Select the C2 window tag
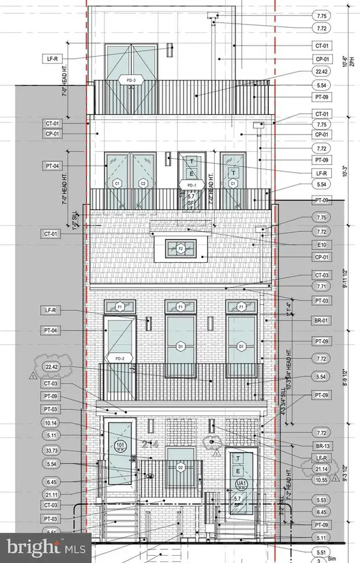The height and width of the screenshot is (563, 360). [143, 183]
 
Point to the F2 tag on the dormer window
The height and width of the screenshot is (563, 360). [180, 247]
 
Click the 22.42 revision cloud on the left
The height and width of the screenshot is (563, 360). [50, 367]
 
